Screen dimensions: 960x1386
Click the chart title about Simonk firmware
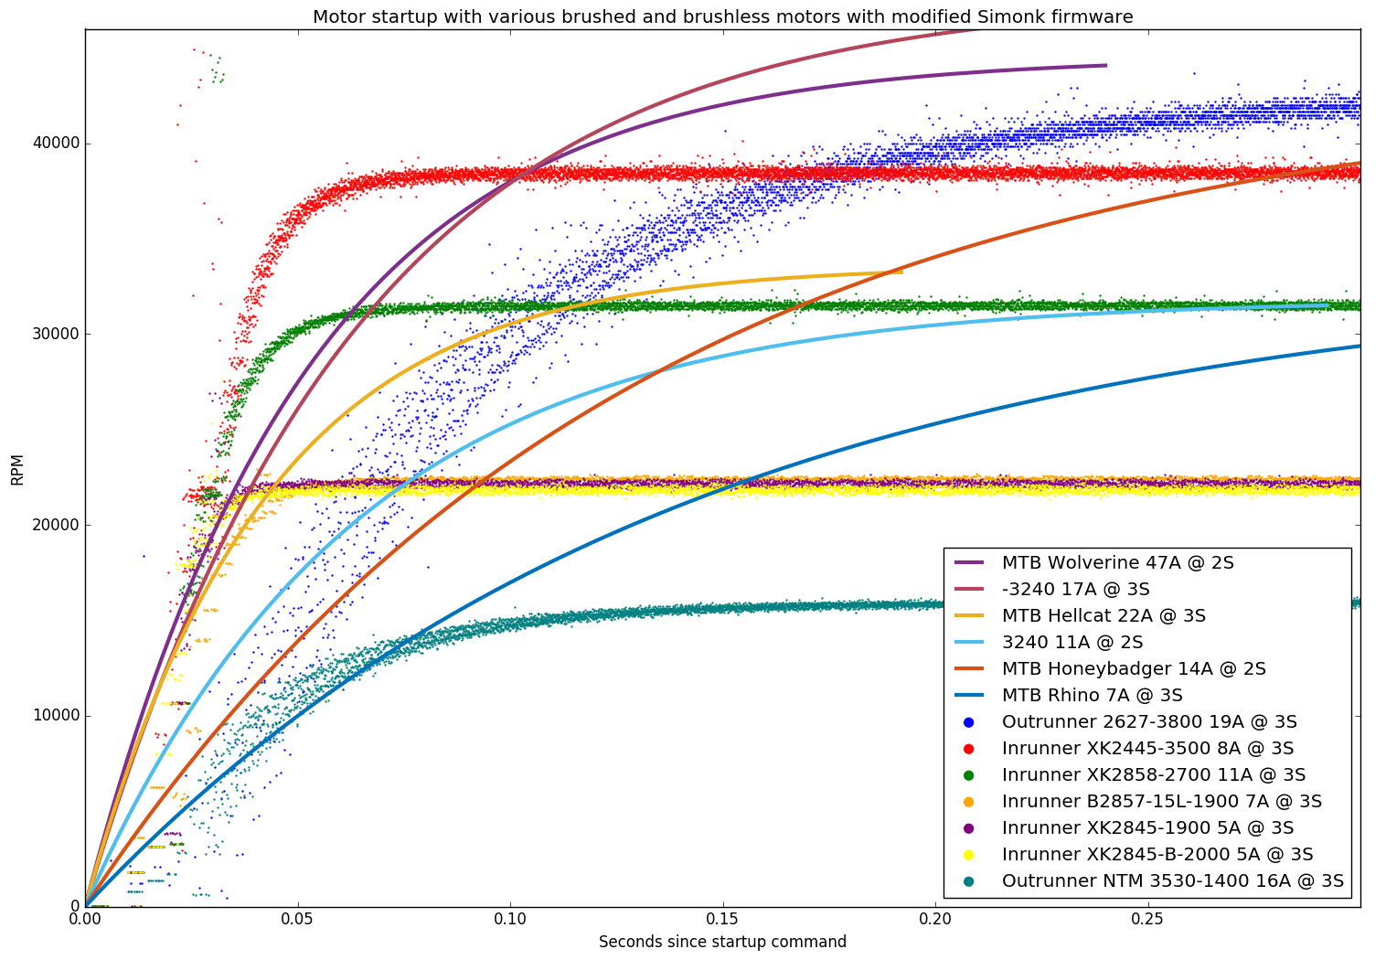[x=722, y=16]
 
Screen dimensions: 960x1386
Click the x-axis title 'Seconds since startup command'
[x=722, y=942]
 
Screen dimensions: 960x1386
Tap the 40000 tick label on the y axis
[x=55, y=144]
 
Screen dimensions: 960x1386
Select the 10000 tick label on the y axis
[x=55, y=716]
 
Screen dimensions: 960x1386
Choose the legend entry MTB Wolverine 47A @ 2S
[x=1117, y=563]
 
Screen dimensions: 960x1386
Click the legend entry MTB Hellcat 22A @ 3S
[x=1103, y=616]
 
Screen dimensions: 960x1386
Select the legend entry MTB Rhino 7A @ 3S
[x=1092, y=696]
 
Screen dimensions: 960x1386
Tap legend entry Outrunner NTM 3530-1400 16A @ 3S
[x=1172, y=881]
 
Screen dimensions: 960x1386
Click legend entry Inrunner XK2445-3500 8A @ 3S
[x=1147, y=749]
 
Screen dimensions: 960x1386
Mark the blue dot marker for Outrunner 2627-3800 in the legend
[x=969, y=722]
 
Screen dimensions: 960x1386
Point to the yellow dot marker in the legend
[x=969, y=855]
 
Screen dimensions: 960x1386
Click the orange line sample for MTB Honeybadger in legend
[x=969, y=669]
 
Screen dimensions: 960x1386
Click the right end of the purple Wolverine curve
[x=1105, y=66]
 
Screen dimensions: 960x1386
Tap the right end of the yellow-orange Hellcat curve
[x=901, y=272]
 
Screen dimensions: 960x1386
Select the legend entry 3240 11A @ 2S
[x=1072, y=643]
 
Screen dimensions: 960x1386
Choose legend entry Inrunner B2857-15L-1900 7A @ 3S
[x=1161, y=802]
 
